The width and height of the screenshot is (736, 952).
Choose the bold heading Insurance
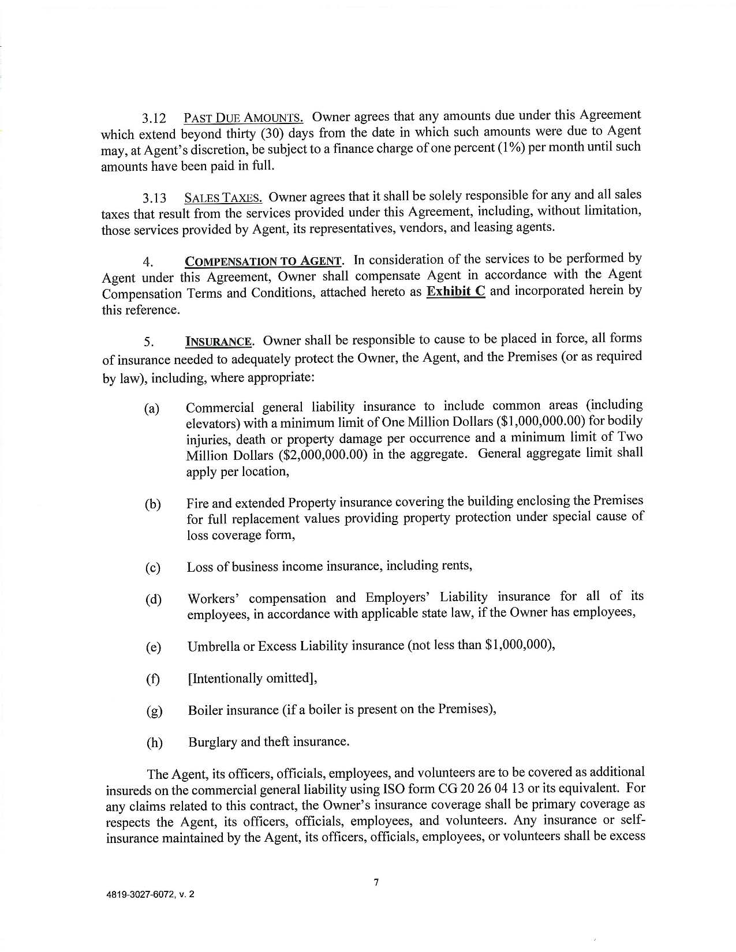[219, 342]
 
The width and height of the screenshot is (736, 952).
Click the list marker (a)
[152, 410]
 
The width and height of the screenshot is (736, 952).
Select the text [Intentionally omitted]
[252, 678]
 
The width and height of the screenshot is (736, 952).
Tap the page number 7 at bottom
[376, 882]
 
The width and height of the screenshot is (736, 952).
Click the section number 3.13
[155, 200]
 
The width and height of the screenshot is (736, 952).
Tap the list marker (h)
[154, 743]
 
